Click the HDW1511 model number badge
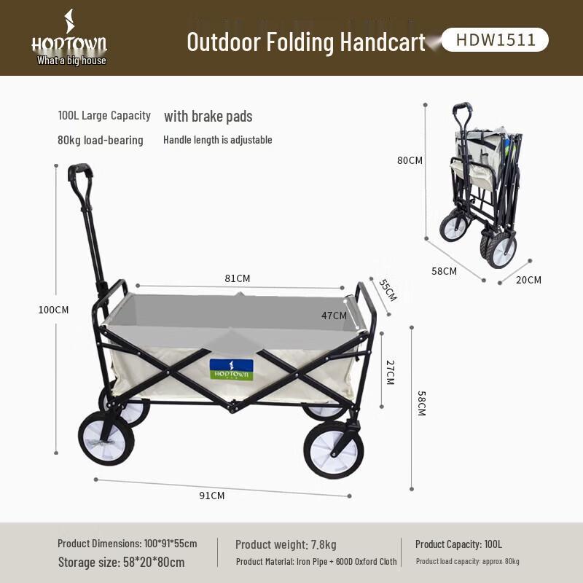[496, 40]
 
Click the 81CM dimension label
[238, 278]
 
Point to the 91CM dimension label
[212, 496]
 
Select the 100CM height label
[53, 310]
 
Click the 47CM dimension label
[334, 316]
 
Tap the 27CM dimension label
[389, 372]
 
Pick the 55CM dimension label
[388, 289]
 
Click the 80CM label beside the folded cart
[410, 160]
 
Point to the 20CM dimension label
[529, 280]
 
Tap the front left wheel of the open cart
[106, 438]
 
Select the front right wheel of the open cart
[333, 450]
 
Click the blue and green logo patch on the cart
[231, 369]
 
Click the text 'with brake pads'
[208, 117]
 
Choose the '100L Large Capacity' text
[104, 115]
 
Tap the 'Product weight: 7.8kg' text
[286, 544]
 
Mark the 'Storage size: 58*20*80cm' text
[121, 562]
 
